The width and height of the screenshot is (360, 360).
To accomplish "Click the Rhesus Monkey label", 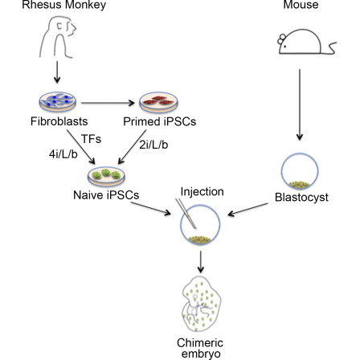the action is (64, 5).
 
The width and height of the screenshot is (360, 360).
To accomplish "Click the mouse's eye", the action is (284, 46).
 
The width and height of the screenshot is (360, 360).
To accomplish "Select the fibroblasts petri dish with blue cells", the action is (58, 102).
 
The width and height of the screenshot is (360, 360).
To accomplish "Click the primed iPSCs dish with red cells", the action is (158, 102).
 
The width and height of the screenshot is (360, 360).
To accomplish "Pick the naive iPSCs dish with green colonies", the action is (106, 176).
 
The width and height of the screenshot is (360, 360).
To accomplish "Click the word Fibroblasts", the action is (59, 121).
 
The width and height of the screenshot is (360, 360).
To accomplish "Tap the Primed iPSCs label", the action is (160, 121).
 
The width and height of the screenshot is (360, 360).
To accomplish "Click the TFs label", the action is (91, 139).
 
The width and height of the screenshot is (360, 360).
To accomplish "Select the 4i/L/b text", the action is (63, 154).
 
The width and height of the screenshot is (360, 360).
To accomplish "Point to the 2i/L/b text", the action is (153, 145).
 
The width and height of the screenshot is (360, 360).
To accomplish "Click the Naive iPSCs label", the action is (106, 195).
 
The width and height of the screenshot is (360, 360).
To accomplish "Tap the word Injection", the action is (202, 192).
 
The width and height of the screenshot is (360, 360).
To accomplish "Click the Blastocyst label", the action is (301, 198).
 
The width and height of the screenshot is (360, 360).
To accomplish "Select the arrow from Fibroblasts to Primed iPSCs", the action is (108, 103).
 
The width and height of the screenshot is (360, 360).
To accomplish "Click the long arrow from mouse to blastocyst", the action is (300, 104).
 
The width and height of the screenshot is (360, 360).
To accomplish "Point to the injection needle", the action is (186, 214).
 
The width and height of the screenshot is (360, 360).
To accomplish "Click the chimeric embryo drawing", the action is (202, 304).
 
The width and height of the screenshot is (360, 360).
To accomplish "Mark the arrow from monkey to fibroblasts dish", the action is (57, 72).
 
